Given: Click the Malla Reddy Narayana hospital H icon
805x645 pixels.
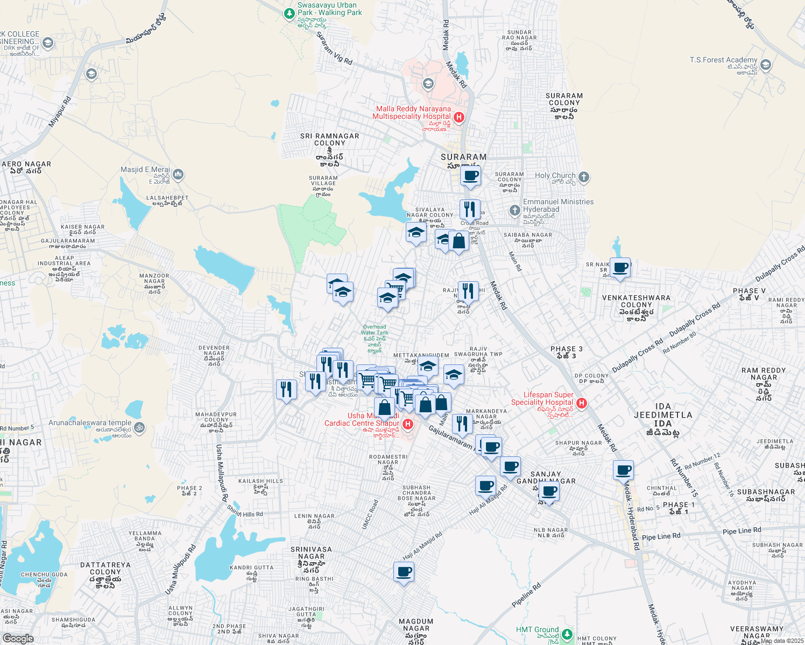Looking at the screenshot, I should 459,117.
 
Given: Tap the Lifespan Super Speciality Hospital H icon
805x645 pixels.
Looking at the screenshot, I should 581,403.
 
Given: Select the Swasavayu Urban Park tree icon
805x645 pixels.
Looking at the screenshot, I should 289,12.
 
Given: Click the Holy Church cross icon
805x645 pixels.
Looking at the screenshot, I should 584,177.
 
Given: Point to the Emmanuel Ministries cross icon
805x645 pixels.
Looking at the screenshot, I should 515,210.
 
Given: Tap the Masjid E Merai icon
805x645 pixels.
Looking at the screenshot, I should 178,175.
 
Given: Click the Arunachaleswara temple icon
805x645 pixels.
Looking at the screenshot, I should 140,428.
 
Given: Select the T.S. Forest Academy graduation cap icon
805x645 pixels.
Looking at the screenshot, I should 766,66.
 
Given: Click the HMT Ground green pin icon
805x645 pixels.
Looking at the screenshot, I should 567,635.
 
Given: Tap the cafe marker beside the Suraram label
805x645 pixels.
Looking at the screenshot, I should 470,176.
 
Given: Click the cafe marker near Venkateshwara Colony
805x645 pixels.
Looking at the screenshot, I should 620,267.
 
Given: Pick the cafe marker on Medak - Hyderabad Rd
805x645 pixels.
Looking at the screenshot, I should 624,471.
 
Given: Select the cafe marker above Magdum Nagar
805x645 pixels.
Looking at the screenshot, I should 404,572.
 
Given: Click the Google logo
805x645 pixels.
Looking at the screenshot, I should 18,639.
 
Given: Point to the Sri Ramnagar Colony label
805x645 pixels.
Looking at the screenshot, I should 329,140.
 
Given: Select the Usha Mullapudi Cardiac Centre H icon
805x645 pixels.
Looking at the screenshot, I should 408,425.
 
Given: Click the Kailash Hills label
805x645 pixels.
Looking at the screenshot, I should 260,481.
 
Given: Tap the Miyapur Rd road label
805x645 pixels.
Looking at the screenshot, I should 60,112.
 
